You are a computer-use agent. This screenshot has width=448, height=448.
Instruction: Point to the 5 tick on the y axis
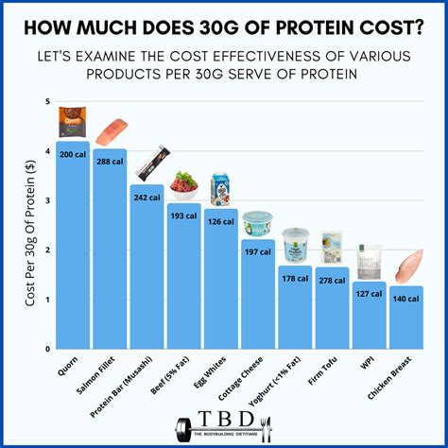pyautogui.click(x=48, y=101)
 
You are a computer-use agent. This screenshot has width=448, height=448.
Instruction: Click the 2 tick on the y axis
pyautogui.click(x=48, y=250)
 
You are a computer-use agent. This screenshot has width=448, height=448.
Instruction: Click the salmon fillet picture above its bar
pyautogui.click(x=111, y=131)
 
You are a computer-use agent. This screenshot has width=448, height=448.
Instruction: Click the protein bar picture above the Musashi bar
pyautogui.click(x=149, y=167)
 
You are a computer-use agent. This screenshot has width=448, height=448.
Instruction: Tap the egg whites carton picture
pyautogui.click(x=221, y=189)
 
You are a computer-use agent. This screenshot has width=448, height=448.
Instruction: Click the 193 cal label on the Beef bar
pyautogui.click(x=184, y=215)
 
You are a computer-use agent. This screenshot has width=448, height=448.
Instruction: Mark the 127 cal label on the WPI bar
pyautogui.click(x=369, y=293)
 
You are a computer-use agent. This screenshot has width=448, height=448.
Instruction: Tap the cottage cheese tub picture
pyautogui.click(x=257, y=223)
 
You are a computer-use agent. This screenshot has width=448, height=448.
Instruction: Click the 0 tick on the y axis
pyautogui.click(x=48, y=349)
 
